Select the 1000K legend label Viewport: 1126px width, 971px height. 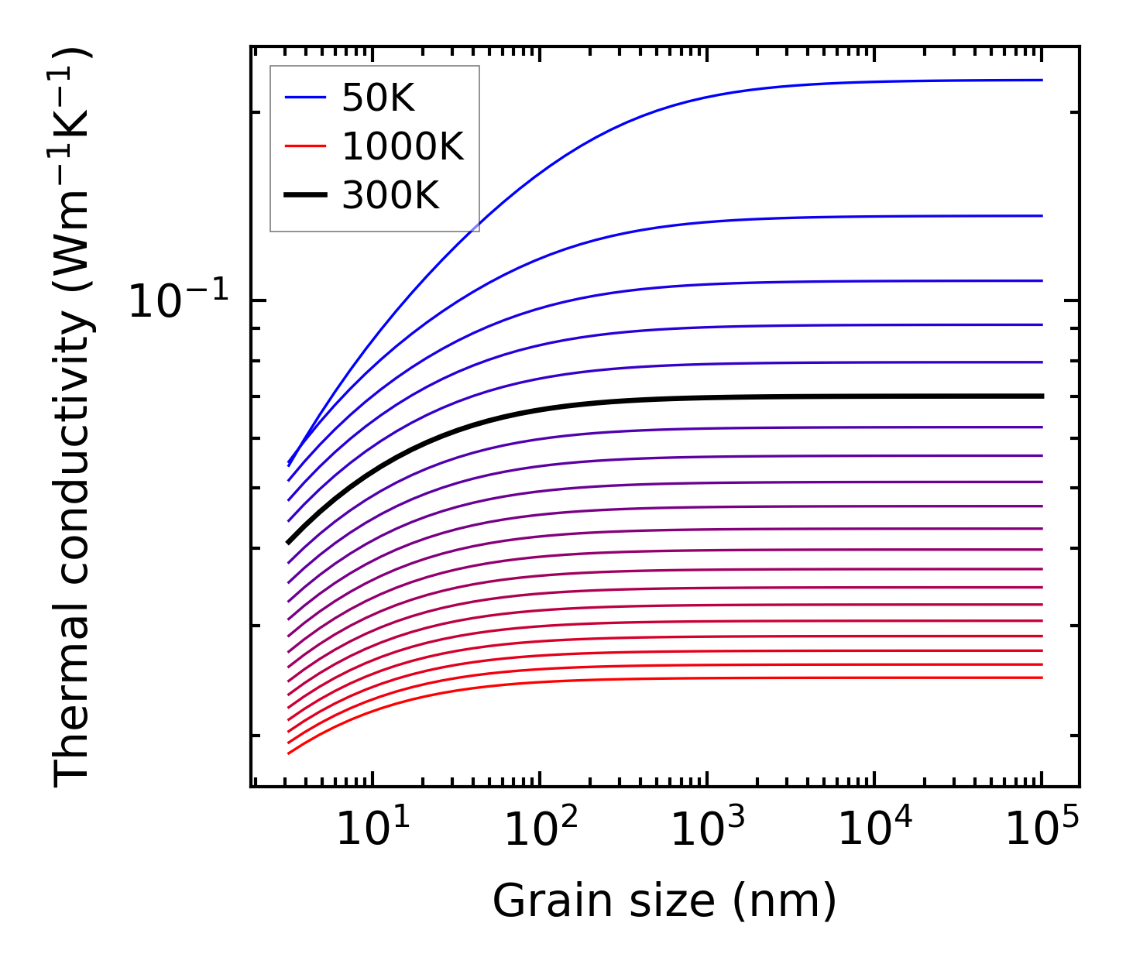402,146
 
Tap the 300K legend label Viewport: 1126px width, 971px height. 390,196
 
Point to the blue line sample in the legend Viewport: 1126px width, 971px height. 305,98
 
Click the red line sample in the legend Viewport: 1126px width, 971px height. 305,146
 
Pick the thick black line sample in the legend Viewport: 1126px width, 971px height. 305,196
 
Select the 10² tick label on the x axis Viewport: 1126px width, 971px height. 540,830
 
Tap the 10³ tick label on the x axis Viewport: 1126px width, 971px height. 707,830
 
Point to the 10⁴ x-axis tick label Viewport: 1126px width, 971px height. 874,830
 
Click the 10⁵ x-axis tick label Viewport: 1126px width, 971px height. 1042,830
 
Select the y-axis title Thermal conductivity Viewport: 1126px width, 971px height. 73,418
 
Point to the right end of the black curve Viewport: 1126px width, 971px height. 1042,396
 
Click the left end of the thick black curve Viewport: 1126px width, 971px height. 288,542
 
